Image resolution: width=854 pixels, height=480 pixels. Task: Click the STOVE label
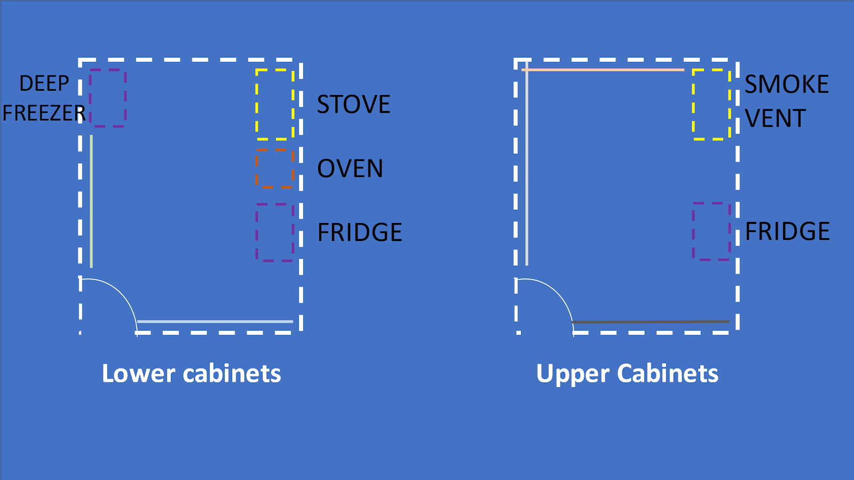353,105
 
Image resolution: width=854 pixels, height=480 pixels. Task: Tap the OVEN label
350,169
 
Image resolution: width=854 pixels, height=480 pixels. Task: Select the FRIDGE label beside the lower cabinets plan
360,233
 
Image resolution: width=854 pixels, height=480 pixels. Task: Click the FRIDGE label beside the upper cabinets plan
787,231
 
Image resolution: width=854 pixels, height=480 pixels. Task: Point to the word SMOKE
787,84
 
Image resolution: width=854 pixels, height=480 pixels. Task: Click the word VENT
775,118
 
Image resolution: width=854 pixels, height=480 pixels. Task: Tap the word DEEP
44,84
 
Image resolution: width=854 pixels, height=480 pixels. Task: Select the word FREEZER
44,113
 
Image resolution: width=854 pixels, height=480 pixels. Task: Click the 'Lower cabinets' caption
191,373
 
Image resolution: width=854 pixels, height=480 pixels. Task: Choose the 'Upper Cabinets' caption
627,373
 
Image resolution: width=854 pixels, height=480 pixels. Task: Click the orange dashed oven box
275,169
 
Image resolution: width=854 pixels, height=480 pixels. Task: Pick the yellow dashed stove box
275,104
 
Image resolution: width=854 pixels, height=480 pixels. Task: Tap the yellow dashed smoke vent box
711,105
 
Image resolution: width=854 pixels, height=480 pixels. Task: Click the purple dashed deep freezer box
108,98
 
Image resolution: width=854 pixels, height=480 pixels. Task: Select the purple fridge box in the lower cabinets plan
275,233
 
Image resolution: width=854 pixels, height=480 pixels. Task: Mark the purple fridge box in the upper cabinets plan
711,231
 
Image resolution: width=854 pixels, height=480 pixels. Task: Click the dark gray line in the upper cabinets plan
651,322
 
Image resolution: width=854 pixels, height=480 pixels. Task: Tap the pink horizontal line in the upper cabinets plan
603,70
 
